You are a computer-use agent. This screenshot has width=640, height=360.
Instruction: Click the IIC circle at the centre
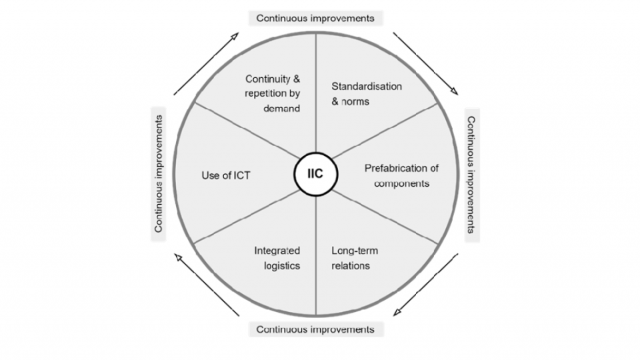tap(315, 175)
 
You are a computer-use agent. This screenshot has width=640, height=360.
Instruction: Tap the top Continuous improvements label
tap(315, 17)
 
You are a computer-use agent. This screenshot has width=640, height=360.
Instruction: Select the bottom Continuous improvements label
tap(315, 329)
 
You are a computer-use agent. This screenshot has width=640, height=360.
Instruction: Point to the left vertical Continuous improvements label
tap(159, 174)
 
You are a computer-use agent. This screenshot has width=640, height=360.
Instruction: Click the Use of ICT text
tap(225, 175)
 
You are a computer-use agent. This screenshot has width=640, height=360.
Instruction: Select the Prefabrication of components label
tap(401, 175)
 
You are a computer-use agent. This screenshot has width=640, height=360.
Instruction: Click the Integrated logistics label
tap(277, 258)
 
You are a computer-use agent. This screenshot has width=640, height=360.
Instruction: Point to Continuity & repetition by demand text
tap(272, 93)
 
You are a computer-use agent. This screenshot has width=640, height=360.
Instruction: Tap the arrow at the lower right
tap(427, 285)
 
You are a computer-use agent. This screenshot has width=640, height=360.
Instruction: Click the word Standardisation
tap(367, 87)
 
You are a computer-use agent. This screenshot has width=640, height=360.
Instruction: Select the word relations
tap(351, 266)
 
